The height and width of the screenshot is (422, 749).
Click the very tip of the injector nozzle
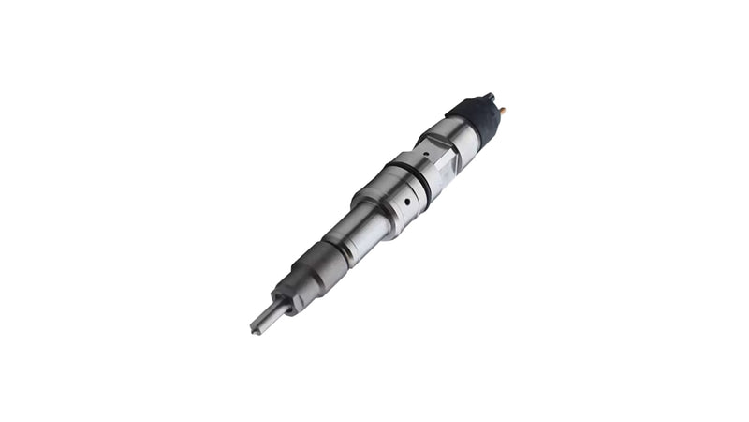(255, 330)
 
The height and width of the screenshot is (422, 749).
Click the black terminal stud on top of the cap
(489, 97)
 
